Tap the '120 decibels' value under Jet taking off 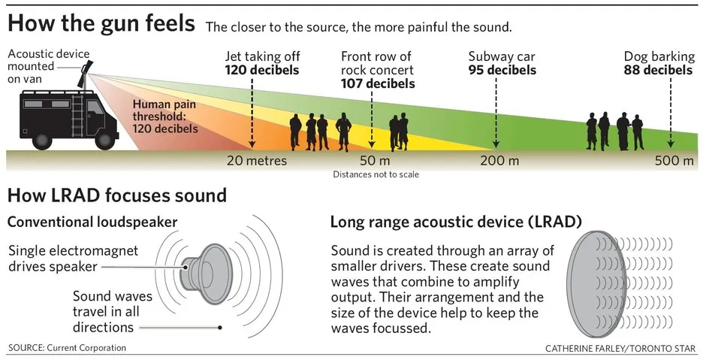pos(262,70)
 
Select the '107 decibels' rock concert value pos(378,83)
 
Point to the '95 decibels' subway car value pos(502,70)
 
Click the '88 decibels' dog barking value pos(658,70)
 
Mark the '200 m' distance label pos(499,160)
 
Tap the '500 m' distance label pos(674,160)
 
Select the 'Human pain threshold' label pos(166,116)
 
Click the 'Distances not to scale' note pos(376,174)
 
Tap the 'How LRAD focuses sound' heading pos(117,196)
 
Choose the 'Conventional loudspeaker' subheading pos(92,222)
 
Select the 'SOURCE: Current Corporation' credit pos(67,348)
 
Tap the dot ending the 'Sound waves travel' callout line pos(220,327)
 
